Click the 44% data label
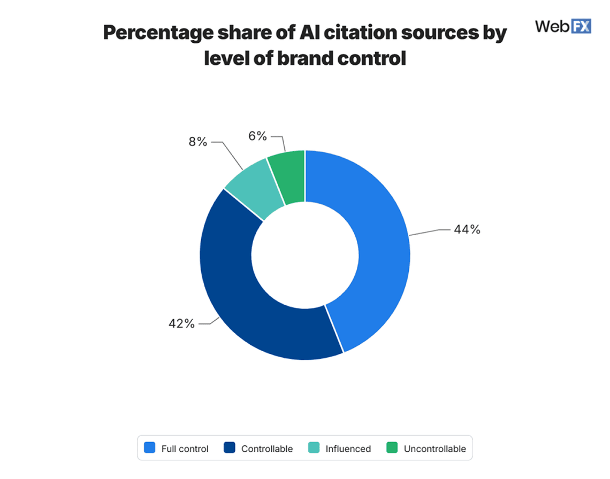pos(467,230)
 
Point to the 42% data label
pos(182,323)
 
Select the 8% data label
pos(197,142)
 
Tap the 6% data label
pos(257,136)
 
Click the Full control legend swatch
pos(150,448)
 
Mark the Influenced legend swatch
pos(314,448)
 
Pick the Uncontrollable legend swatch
pos(392,448)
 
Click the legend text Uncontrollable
pos(434,449)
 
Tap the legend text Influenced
pos(348,449)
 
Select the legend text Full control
pos(185,449)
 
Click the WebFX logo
pos(563,26)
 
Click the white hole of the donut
pos(305,256)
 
